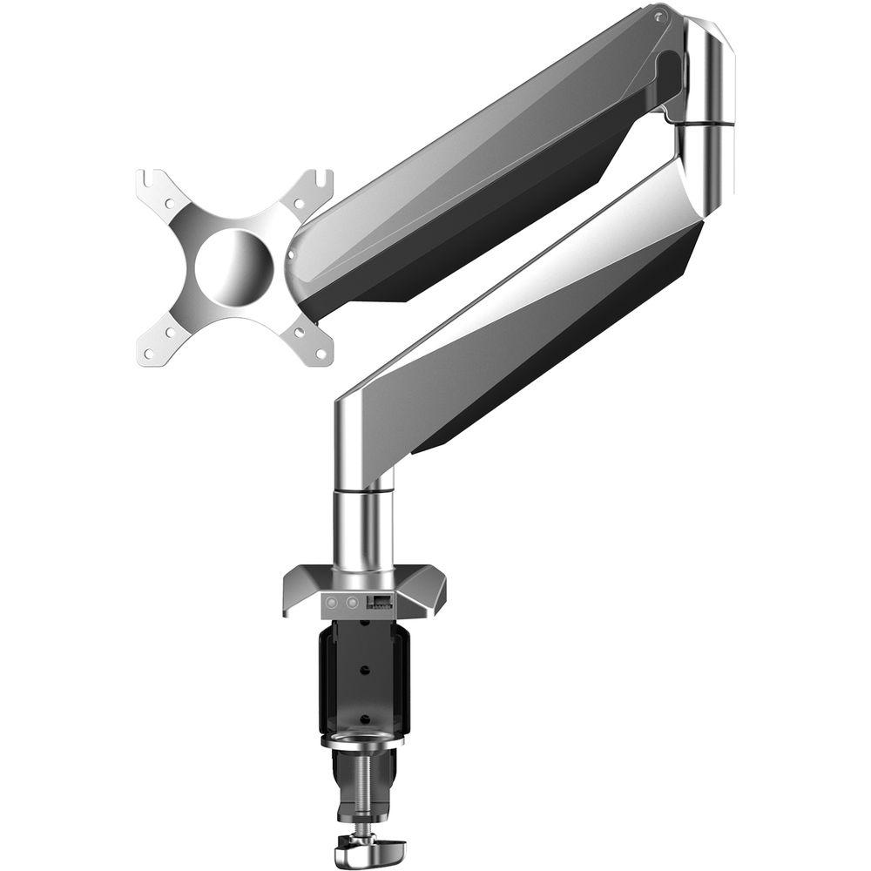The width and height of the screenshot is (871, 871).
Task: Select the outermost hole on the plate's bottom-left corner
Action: click(x=146, y=354)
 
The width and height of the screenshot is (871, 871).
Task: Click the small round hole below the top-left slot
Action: click(x=170, y=205)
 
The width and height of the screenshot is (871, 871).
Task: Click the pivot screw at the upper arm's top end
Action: click(x=660, y=17)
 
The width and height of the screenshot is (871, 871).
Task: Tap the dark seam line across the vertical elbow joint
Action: click(x=706, y=125)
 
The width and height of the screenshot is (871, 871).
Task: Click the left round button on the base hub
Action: click(x=333, y=602)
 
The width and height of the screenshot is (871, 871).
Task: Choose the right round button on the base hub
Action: click(x=352, y=602)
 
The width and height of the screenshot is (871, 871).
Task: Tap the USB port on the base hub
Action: click(x=381, y=600)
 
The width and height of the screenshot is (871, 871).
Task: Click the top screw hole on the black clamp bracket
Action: click(x=363, y=629)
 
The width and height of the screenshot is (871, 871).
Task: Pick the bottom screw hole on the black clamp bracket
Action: click(x=363, y=719)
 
